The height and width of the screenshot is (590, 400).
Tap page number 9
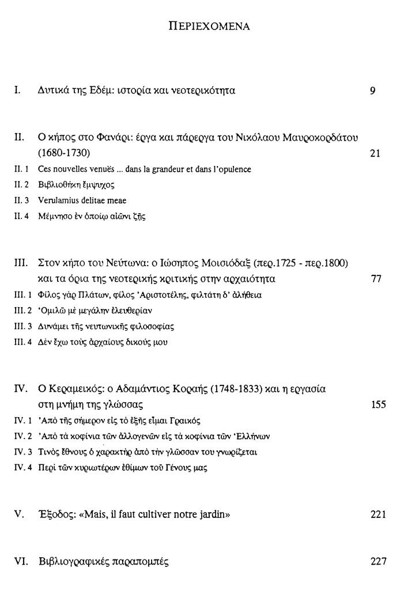point(373,91)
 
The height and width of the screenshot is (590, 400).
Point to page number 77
point(377,279)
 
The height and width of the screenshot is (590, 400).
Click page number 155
point(379,404)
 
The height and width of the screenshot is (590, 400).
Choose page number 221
point(379,515)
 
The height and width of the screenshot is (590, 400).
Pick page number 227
point(379,561)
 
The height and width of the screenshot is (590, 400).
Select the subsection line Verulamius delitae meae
point(82,201)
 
